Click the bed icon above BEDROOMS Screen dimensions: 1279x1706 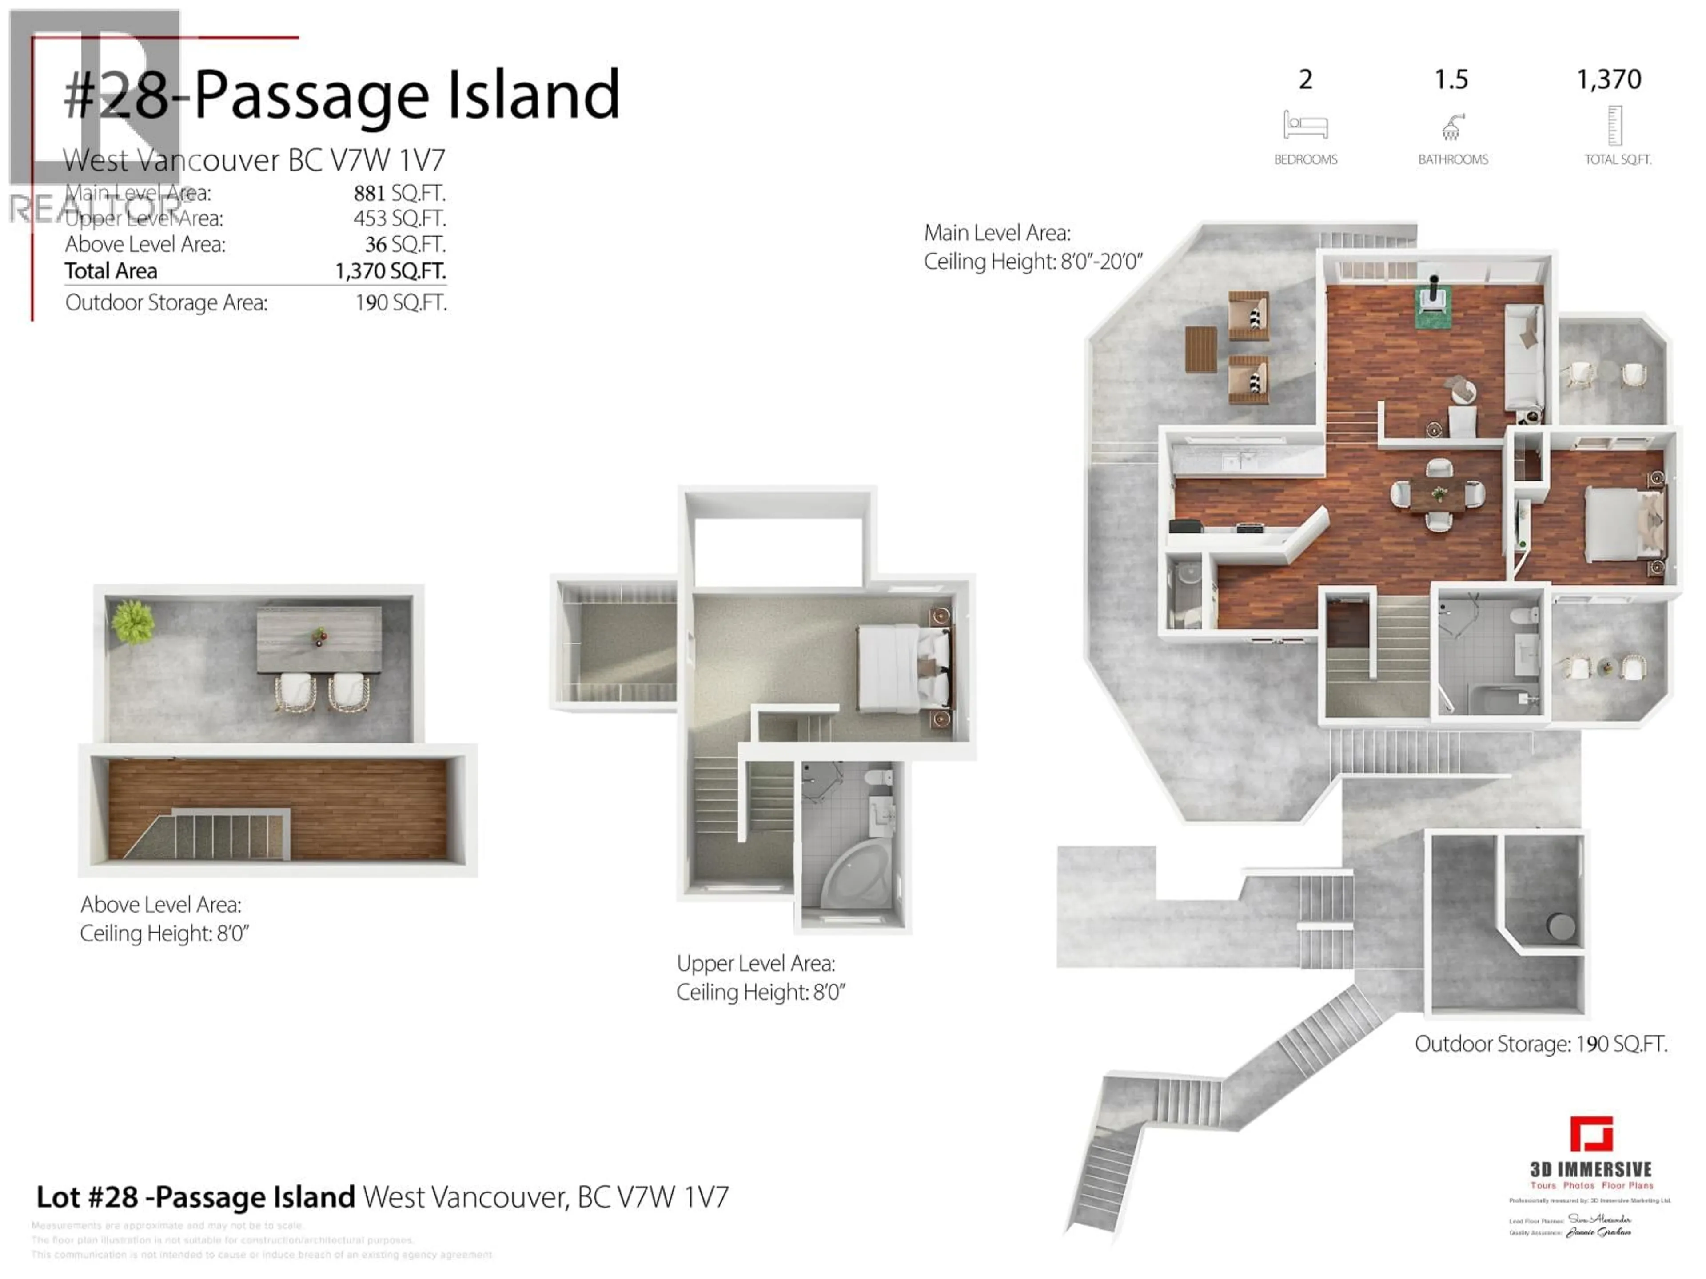click(x=1305, y=125)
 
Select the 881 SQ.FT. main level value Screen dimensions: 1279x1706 click(x=399, y=193)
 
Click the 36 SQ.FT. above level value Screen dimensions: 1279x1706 click(x=405, y=244)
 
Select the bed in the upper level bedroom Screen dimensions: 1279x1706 click(x=902, y=667)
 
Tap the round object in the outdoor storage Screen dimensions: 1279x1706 click(x=1562, y=926)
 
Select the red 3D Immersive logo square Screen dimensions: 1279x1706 click(x=1591, y=1134)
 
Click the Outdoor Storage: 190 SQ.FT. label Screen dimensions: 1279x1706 click(x=1540, y=1044)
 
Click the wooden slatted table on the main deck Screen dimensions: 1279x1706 click(x=1201, y=349)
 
